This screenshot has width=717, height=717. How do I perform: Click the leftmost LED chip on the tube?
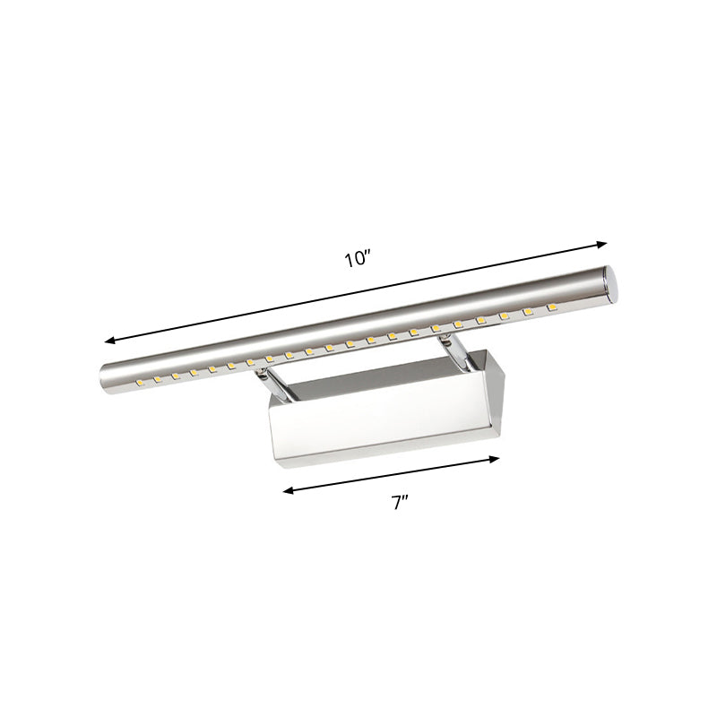(140, 384)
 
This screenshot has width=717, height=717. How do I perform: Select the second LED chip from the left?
(158, 379)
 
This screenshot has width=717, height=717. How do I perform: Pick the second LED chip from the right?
(529, 313)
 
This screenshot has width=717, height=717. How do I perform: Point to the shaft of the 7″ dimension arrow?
(392, 474)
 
